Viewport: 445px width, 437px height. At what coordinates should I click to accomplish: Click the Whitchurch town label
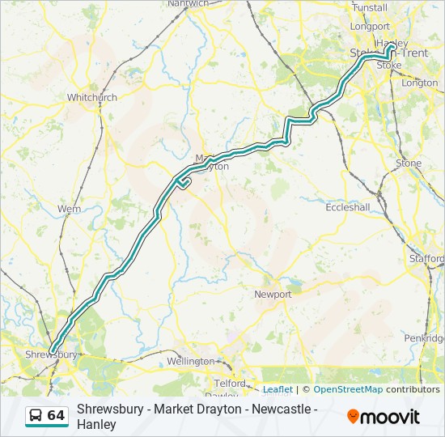[91, 97]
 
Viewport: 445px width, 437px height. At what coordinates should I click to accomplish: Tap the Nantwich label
[188, 4]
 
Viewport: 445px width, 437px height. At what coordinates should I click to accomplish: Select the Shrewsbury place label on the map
[50, 354]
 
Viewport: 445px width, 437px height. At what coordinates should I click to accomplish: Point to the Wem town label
[69, 209]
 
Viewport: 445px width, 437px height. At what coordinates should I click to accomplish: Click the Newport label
[273, 295]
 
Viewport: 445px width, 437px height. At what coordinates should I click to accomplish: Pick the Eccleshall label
[347, 207]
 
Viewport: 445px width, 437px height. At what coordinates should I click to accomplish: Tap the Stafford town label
[426, 259]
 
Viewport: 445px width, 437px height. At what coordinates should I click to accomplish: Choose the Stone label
[409, 163]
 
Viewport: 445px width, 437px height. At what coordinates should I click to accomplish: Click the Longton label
[419, 83]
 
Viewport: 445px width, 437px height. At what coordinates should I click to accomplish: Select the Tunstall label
[370, 7]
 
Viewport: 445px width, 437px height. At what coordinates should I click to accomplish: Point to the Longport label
[370, 26]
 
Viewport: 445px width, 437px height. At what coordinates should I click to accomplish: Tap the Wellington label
[190, 361]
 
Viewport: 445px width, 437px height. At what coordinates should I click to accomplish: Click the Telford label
[230, 383]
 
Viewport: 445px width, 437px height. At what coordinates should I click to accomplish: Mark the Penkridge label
[425, 337]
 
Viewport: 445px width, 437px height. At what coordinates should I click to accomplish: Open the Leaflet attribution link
[278, 389]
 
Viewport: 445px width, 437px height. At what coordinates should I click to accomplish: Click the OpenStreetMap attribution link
[348, 389]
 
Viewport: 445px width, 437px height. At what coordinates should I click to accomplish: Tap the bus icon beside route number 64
[36, 415]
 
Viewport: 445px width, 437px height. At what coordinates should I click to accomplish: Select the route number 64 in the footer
[56, 415]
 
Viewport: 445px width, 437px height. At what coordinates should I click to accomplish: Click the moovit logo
[384, 416]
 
